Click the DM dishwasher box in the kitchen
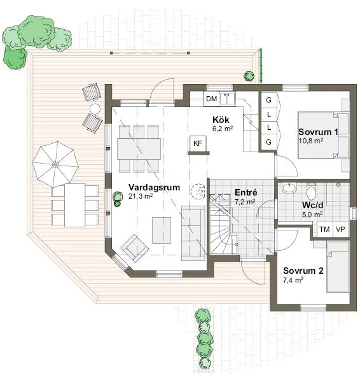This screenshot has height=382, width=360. [x=212, y=99]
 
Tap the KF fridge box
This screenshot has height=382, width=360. [x=198, y=143]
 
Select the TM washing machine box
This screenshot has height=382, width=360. [x=324, y=229]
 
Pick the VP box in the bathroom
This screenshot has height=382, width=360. [x=340, y=229]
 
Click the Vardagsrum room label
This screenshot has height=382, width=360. [x=154, y=187]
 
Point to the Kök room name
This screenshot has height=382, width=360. [x=221, y=120]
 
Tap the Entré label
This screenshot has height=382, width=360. [x=246, y=192]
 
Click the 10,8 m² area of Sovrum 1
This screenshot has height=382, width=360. [x=311, y=141]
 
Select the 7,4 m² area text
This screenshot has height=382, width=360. [x=293, y=280]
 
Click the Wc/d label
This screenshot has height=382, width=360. [x=312, y=205]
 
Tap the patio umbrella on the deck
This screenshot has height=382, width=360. [x=55, y=165]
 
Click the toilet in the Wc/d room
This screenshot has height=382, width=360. [x=311, y=192]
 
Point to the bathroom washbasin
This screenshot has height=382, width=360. [x=289, y=188]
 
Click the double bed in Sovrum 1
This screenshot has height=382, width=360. [x=324, y=135]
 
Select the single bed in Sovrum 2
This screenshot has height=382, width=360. [x=338, y=267]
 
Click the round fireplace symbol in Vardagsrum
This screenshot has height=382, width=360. [x=198, y=192]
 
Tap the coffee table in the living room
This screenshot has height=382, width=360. [x=162, y=230]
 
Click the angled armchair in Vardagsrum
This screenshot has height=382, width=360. [x=135, y=248]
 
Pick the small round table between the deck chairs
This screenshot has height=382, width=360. [x=95, y=109]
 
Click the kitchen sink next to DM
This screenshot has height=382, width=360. [x=227, y=99]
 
